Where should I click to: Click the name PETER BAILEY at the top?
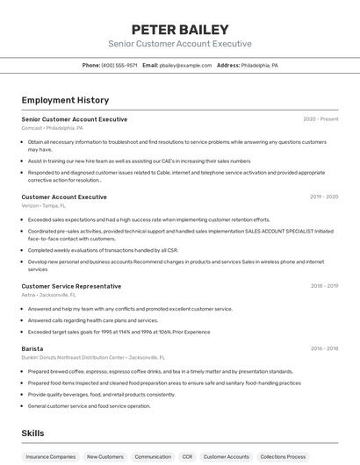179,29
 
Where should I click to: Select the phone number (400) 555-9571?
119,66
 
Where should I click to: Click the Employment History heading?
65,100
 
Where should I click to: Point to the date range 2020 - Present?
320,119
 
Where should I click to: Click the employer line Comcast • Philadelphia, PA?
53,128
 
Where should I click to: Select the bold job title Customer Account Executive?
64,197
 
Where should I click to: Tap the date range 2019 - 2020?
324,197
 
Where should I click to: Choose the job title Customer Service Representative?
71,286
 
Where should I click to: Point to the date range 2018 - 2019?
324,286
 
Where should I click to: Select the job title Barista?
32,348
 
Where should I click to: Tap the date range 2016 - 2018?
324,348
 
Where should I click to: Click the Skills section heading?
33,433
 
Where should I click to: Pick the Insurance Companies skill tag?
50,457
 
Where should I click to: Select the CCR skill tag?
187,457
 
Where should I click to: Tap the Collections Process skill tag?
283,457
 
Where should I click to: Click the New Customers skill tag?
105,457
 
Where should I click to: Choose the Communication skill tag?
153,457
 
